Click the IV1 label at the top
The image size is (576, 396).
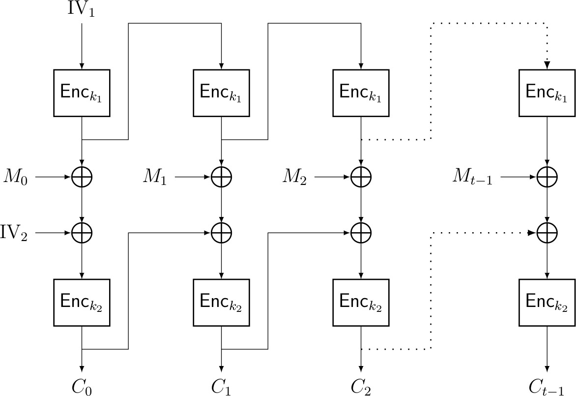[81, 10]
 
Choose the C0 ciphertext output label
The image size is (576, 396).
[82, 387]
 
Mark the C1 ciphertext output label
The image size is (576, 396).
[221, 387]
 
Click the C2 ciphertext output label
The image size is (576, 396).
[361, 387]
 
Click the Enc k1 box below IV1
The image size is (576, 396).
[82, 92]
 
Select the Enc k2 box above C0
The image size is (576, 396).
[82, 303]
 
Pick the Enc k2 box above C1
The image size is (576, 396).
[222, 303]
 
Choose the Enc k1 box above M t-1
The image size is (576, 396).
[547, 92]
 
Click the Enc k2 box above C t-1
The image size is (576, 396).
[547, 303]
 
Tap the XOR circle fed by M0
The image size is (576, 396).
[82, 177]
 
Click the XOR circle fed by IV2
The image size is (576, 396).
[82, 232]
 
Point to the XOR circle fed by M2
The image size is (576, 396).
[361, 177]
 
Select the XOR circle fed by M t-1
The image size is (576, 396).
[547, 177]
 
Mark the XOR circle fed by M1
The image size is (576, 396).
[222, 177]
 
